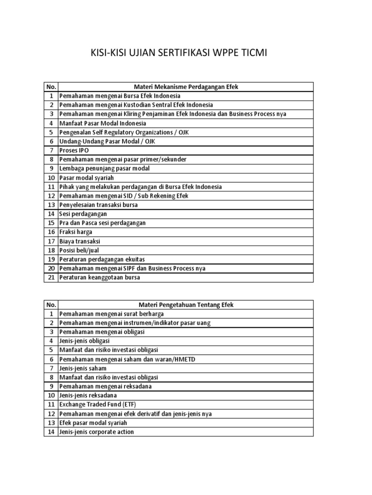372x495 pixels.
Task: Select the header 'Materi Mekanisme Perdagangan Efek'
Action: (186, 87)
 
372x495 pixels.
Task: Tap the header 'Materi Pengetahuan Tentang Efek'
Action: (186, 305)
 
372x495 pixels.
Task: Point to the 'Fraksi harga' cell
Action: (76, 232)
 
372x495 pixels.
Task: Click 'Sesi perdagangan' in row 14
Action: (83, 214)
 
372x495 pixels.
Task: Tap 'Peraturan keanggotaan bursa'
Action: (99, 277)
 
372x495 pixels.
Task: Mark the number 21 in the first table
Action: (51, 277)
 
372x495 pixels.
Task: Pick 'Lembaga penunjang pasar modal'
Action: (104, 168)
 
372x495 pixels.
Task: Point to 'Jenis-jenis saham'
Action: (83, 368)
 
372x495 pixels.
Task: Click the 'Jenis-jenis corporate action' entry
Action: (96, 432)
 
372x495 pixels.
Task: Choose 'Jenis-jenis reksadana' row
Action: (88, 395)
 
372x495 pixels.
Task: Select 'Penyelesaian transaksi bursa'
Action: (98, 204)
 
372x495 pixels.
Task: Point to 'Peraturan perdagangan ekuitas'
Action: (102, 259)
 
